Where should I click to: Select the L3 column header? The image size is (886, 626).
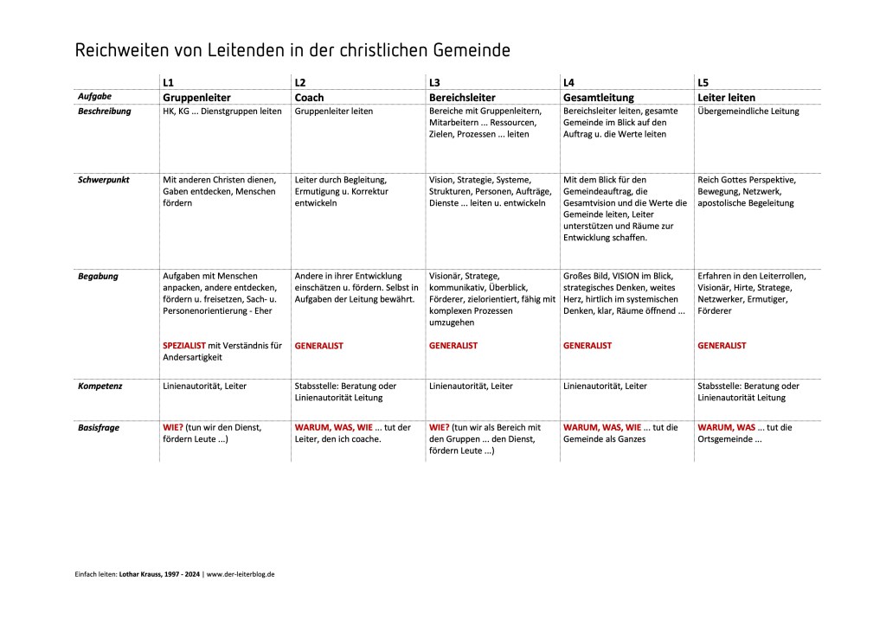(x=435, y=82)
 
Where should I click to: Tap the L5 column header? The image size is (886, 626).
(x=703, y=82)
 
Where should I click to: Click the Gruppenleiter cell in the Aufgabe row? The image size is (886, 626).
(x=196, y=98)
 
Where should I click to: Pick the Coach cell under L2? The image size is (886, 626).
(x=310, y=98)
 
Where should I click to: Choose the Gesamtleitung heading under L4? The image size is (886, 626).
(x=599, y=98)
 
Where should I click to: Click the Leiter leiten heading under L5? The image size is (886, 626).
(x=726, y=98)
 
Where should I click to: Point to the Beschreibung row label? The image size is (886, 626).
(x=105, y=112)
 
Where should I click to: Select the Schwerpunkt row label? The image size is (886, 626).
(x=105, y=180)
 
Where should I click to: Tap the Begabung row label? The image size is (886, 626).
(x=99, y=277)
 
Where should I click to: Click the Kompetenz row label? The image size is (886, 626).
(x=100, y=386)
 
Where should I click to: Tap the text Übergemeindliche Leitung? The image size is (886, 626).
(x=748, y=112)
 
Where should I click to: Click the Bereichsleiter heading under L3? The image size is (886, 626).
(x=462, y=98)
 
